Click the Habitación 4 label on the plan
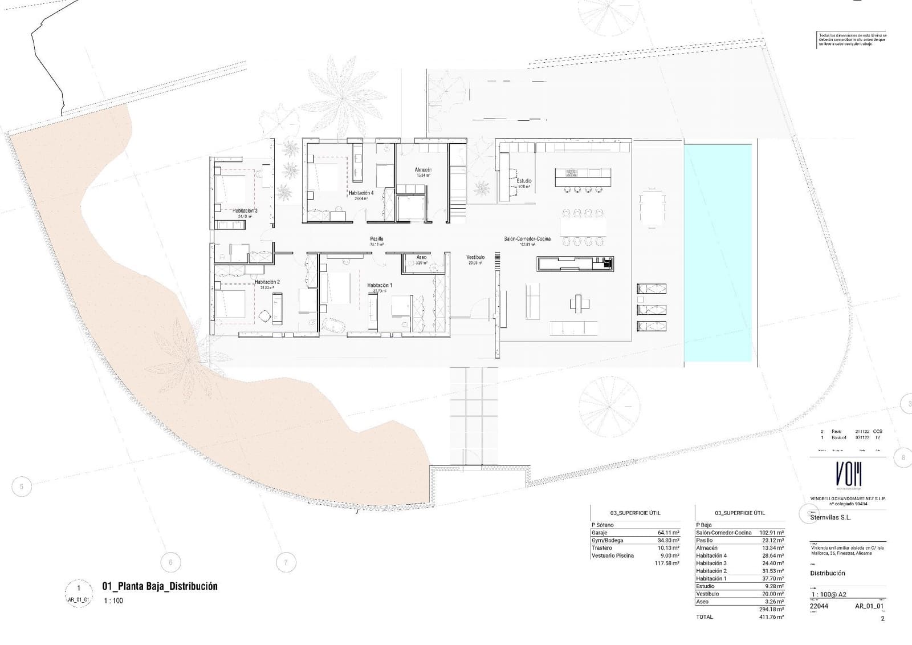coord(361,193)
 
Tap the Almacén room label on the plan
coord(423,170)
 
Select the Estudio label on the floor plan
coord(524,181)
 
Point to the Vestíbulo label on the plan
coord(475,258)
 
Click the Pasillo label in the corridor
coord(376,239)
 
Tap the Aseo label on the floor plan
coord(421,258)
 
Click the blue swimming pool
coord(717,251)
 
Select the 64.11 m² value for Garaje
coord(668,533)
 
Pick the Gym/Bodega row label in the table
coord(607,540)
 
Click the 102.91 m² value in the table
coord(771,533)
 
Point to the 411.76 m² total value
coord(771,617)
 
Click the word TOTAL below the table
coord(705,617)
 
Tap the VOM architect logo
coord(848,474)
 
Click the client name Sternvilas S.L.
coord(830,518)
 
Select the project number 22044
coord(819,606)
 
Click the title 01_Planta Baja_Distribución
coord(160,586)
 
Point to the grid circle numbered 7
coord(286,563)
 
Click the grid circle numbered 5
coord(22,487)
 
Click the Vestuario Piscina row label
coord(612,555)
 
